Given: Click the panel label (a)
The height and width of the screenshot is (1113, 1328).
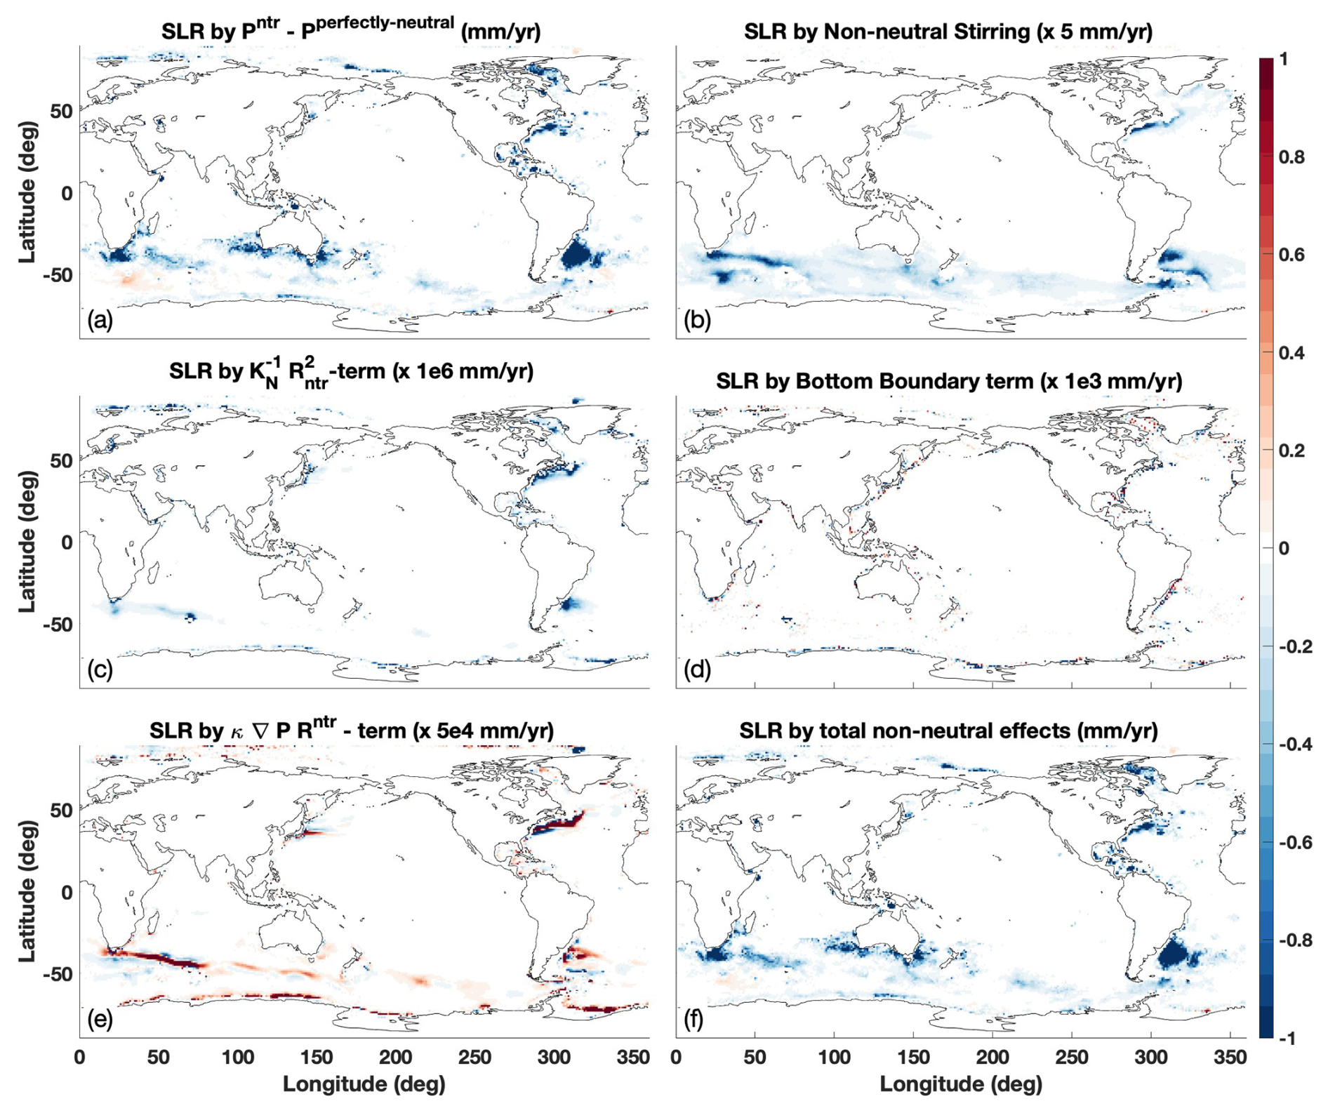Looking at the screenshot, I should point(100,321).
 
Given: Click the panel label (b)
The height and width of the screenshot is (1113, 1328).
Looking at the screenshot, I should point(696,321).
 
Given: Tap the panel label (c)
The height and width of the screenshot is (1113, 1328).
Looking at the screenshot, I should point(100,670).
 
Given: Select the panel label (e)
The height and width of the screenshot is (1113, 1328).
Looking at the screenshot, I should point(100,1019).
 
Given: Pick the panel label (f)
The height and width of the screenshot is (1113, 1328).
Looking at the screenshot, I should point(693,1019).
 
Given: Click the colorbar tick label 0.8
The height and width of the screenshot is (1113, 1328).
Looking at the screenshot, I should point(1292,157).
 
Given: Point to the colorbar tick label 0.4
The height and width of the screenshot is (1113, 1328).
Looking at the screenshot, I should point(1292,353).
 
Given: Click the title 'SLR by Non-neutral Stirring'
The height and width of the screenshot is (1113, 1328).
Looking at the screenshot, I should point(948,32).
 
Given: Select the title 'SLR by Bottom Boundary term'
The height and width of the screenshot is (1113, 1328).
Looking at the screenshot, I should point(949,381).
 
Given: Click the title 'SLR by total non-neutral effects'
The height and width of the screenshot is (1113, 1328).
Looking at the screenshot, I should point(948,731).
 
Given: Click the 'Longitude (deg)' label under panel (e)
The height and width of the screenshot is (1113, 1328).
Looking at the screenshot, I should point(364,1084).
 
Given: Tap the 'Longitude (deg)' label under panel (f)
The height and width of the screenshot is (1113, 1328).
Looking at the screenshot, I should point(961,1084).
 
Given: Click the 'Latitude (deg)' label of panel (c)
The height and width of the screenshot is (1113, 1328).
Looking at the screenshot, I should point(27,541).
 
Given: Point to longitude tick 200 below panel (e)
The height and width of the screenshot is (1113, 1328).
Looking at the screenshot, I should point(396,1058).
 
